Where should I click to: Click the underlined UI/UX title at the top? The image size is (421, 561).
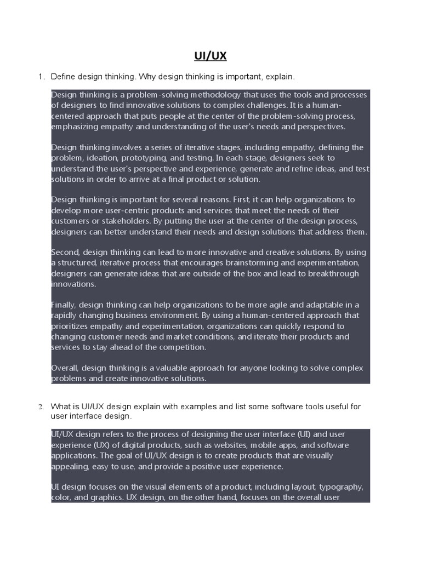click(x=210, y=56)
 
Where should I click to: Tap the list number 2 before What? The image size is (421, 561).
click(x=41, y=407)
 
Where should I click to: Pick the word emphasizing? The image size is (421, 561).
click(x=75, y=127)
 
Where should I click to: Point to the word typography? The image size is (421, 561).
click(x=340, y=487)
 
